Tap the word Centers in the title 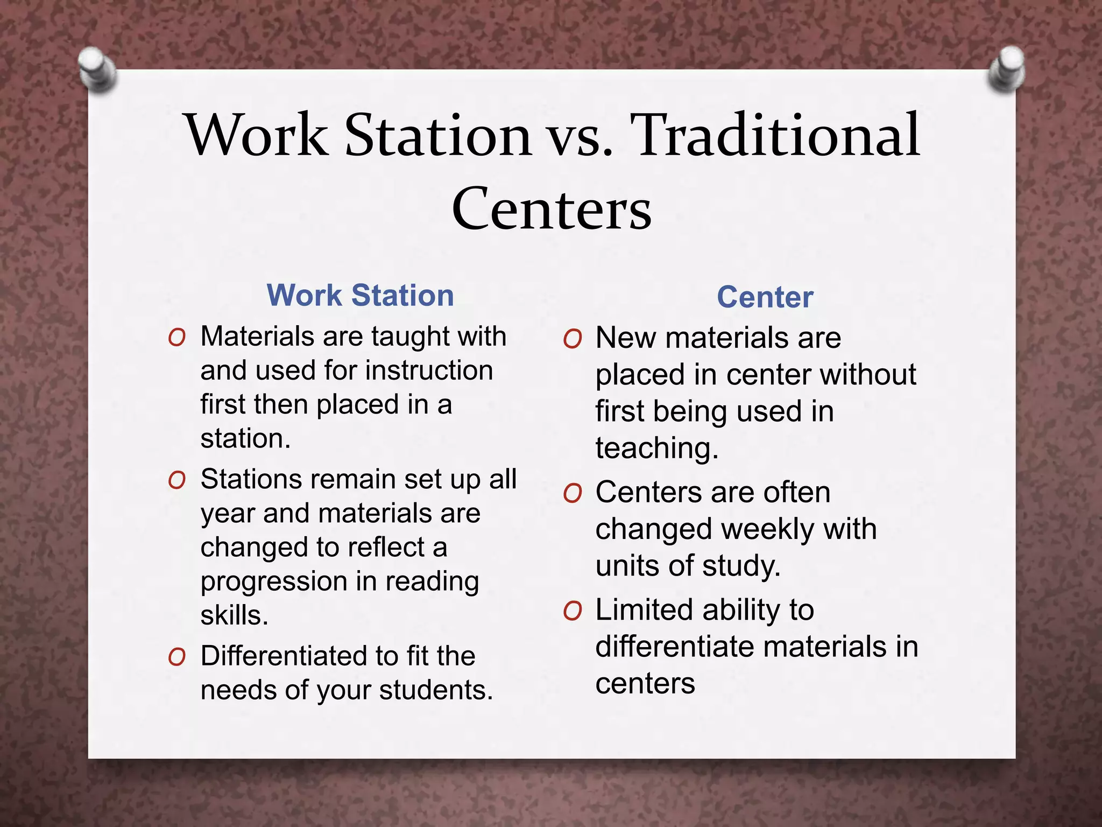coord(552,209)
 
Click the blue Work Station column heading coord(360,296)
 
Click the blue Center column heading coord(765,297)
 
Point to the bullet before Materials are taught coord(177,338)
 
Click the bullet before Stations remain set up coord(177,480)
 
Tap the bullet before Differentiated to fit coord(177,657)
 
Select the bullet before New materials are coord(573,339)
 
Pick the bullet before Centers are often coord(573,493)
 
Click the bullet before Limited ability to coord(573,611)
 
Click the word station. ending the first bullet coord(245,439)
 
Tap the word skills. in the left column coord(234,615)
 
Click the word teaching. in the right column coord(656,448)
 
